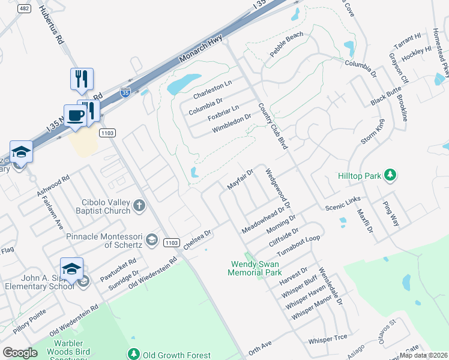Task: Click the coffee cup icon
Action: [75, 114]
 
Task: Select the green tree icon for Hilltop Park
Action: [391, 175]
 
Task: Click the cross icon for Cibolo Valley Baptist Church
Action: [139, 206]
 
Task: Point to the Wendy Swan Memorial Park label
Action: [255, 268]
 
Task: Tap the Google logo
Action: [20, 352]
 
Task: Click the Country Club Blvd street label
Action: [272, 126]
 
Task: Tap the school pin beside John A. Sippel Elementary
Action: [71, 269]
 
